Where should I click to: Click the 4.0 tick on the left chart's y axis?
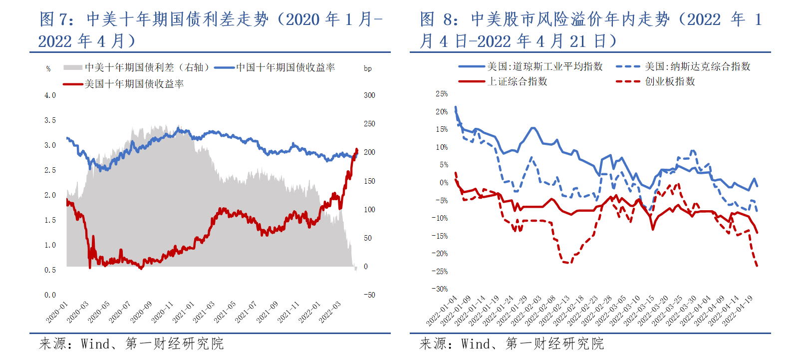50,95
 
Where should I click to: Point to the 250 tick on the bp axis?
369,124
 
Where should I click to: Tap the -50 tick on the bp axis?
369,295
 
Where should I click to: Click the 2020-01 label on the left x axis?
57,312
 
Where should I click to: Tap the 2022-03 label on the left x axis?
330,312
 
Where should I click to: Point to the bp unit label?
368,68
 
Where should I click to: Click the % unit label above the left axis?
48,69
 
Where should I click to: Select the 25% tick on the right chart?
442,94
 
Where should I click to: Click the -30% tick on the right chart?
440,289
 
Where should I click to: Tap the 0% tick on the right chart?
444,183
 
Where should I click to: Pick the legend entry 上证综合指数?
517,81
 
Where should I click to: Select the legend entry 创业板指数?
670,81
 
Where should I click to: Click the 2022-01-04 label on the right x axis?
442,311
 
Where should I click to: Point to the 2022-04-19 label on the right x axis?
738,311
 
